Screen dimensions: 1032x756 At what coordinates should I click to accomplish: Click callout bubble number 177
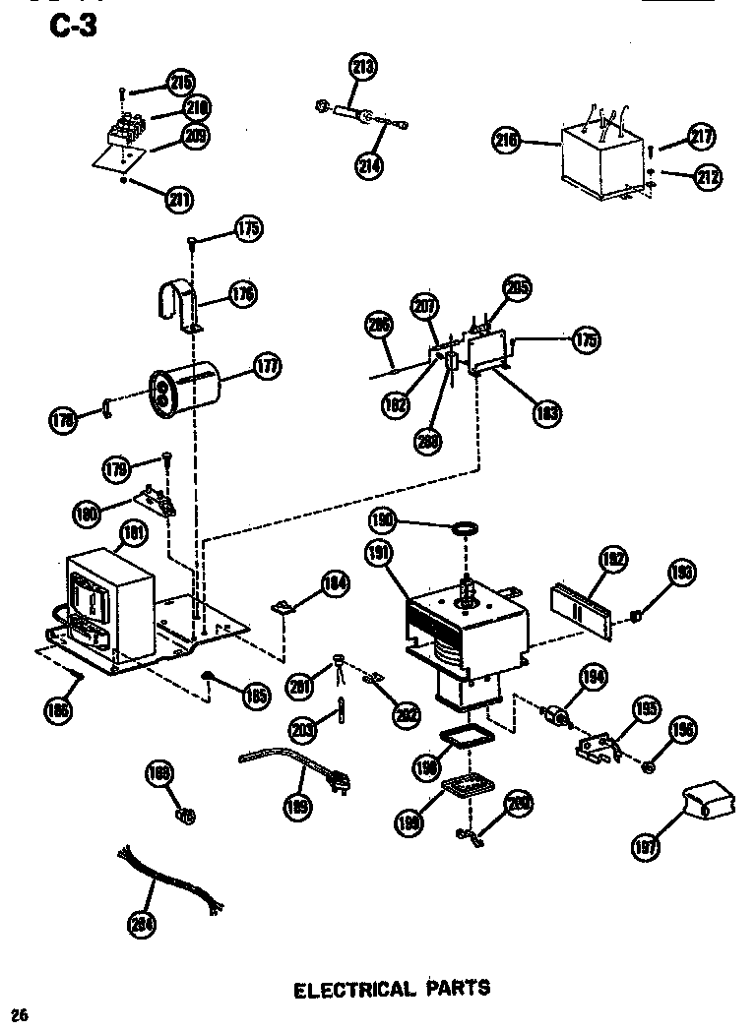265,367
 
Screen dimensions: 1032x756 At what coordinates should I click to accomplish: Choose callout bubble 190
383,519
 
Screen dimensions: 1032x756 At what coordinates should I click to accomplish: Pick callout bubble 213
363,68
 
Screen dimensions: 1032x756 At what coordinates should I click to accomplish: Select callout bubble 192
613,561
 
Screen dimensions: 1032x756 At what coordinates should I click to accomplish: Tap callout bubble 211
178,200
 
